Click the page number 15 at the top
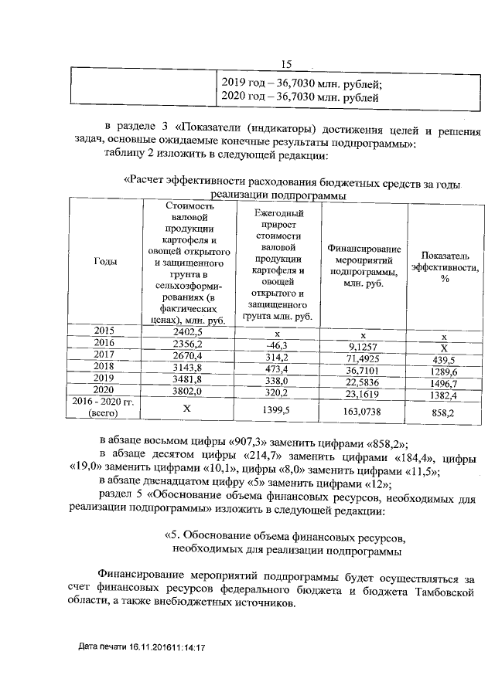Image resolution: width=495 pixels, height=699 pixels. (x=286, y=65)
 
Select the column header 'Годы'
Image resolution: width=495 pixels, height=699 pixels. (x=105, y=262)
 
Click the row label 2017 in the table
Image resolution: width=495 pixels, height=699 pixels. (x=104, y=355)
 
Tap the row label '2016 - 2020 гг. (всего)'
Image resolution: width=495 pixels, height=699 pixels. (x=104, y=408)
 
